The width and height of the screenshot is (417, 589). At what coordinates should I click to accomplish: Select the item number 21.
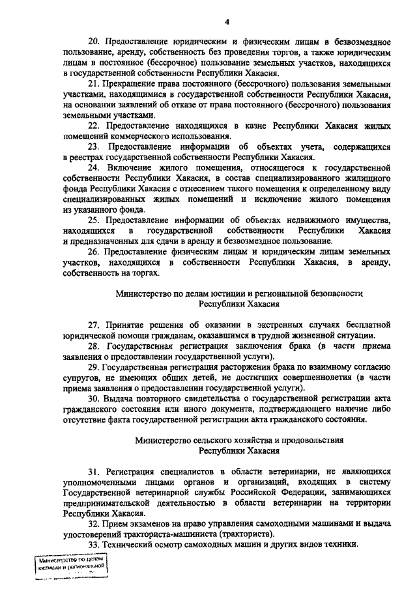[x=93, y=85]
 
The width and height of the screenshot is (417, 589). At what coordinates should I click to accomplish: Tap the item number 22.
[x=93, y=126]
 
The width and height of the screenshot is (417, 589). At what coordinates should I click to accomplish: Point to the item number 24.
[x=93, y=167]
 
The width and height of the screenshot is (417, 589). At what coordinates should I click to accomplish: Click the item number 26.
[x=93, y=251]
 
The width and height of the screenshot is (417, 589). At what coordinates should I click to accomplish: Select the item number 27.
[x=93, y=325]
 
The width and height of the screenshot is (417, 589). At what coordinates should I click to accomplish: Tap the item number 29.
[x=93, y=367]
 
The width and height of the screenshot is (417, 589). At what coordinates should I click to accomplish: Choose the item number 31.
[x=93, y=471]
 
